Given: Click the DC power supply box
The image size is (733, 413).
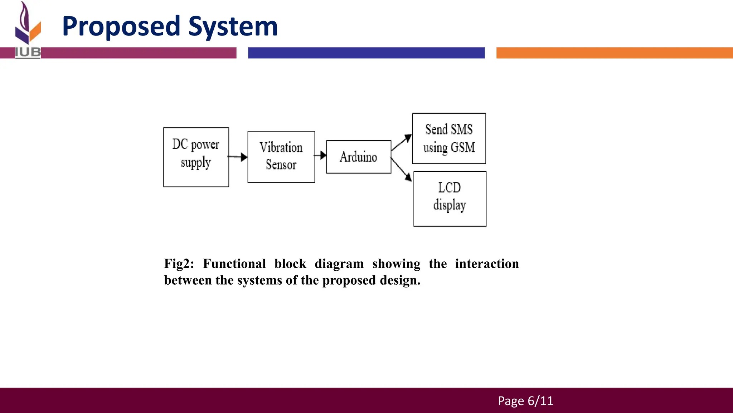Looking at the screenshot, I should coord(196,157).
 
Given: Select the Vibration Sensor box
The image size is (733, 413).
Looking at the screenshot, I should coord(281,157).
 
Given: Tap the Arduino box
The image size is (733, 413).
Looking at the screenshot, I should coord(359,157).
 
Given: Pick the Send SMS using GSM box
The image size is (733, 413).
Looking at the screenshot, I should coord(449,138).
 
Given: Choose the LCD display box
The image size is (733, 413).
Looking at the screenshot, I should coord(450,199).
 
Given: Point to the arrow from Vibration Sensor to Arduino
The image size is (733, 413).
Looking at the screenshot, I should coord(321,155).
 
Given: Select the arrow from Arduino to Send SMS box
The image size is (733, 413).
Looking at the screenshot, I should coord(402,142).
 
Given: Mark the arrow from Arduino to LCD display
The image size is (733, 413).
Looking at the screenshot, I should coord(402,170).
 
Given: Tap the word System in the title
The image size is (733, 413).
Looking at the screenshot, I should coord(233,27).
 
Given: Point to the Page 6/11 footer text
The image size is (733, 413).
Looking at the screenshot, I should coord(525,401).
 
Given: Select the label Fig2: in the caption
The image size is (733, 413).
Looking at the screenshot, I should coord(179,264).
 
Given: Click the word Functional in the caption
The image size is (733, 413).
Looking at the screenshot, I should coord(234,264).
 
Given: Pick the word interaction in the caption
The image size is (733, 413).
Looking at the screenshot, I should coord(487,264).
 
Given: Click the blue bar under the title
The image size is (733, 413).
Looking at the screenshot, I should coord(366,53).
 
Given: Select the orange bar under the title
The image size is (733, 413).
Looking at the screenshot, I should coord(614,53).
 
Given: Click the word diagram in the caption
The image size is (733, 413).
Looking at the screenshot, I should coord(339,264).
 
